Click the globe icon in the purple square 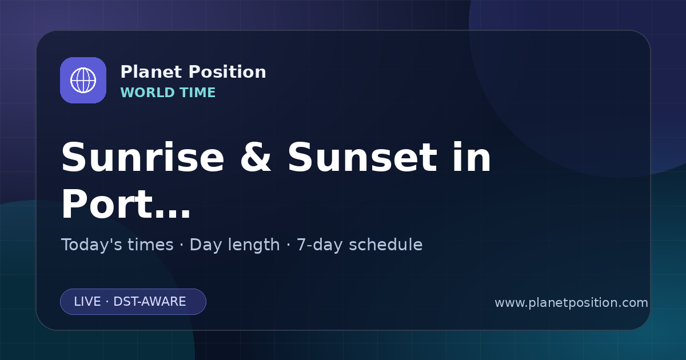83,80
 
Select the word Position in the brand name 228,72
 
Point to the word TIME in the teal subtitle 198,93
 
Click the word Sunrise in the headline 143,157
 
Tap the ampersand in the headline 256,157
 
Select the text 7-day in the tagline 320,245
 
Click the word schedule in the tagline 386,245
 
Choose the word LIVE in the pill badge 87,302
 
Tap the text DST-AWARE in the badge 150,302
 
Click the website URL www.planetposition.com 572,303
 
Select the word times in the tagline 150,245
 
